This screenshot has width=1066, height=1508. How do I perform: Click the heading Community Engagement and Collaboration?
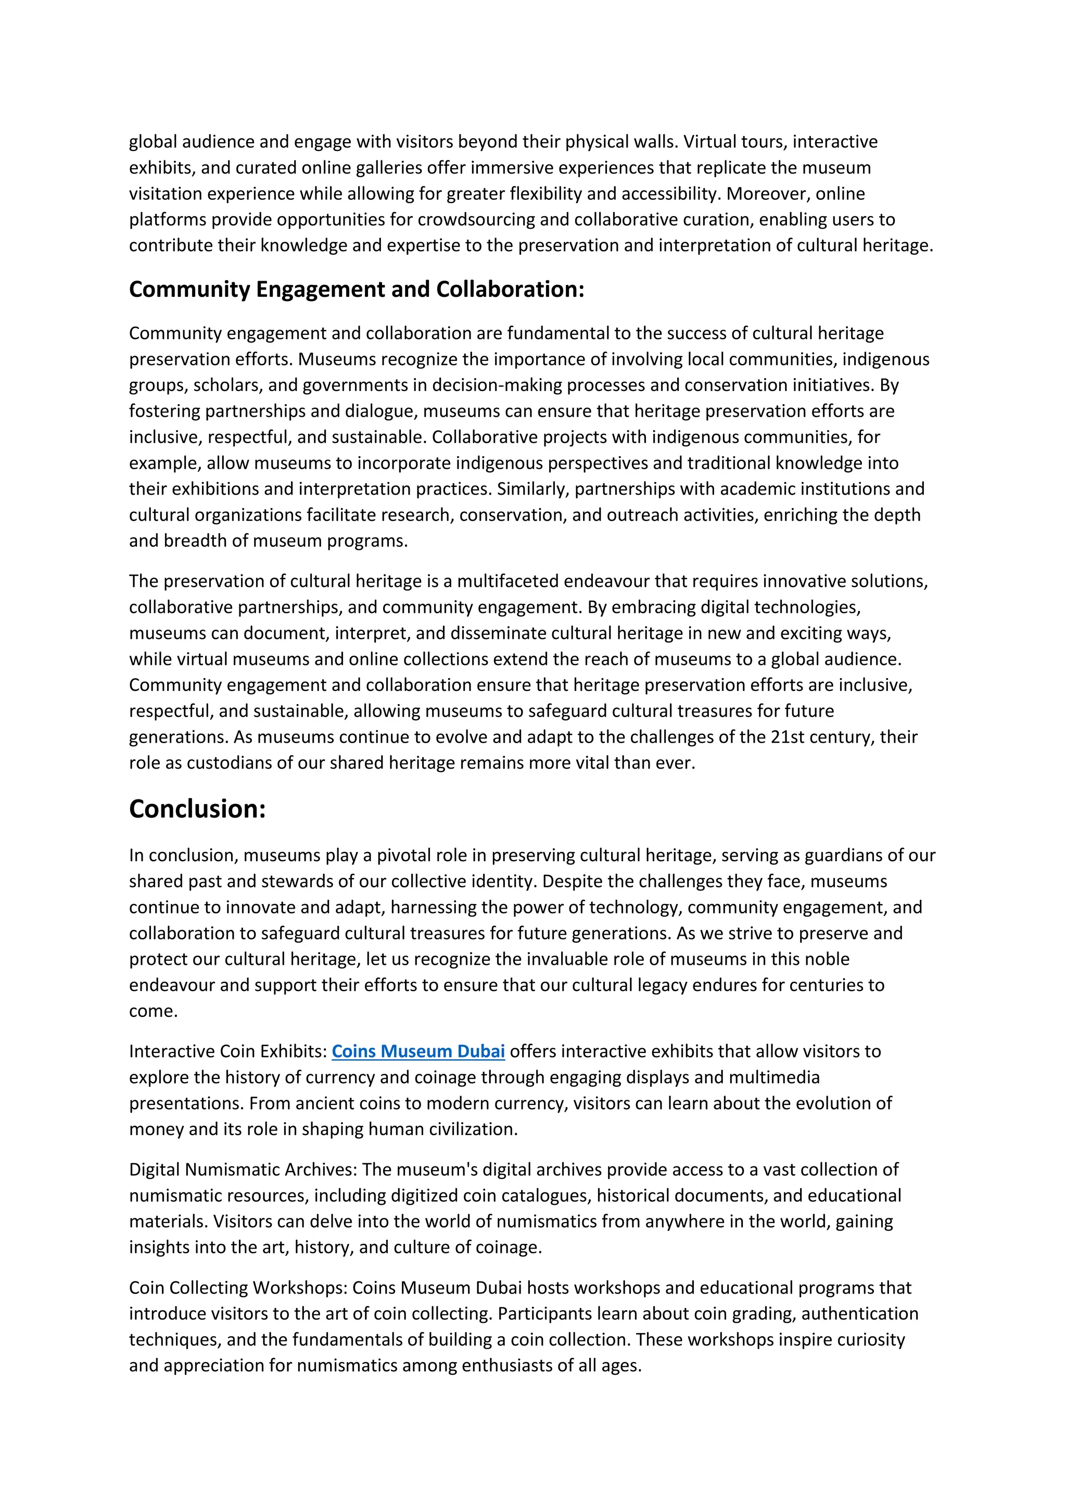tap(357, 290)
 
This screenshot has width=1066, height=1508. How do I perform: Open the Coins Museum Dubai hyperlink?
tap(418, 1051)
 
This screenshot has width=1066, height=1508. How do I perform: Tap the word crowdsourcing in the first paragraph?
tap(478, 219)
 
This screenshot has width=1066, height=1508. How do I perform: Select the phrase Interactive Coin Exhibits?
tap(227, 1051)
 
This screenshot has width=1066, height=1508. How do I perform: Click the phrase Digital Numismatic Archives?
tap(243, 1169)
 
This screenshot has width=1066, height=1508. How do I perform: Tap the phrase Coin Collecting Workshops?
tap(238, 1287)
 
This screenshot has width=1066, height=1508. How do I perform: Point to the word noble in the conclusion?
tap(827, 959)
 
